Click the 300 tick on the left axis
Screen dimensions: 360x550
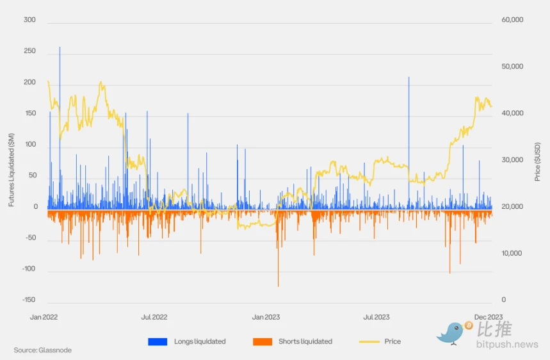pyautogui.click(x=29, y=20)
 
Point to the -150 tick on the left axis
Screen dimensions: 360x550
pyautogui.click(x=28, y=300)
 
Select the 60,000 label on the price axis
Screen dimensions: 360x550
pyautogui.click(x=512, y=20)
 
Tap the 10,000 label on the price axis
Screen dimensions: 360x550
pyautogui.click(x=512, y=253)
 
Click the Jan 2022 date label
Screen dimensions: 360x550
pyautogui.click(x=44, y=316)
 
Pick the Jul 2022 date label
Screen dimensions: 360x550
pyautogui.click(x=154, y=316)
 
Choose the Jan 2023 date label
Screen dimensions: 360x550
pyautogui.click(x=266, y=316)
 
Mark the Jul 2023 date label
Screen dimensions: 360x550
pyautogui.click(x=376, y=316)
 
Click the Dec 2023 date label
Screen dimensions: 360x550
pyautogui.click(x=488, y=316)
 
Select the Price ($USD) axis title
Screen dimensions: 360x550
pyautogui.click(x=538, y=160)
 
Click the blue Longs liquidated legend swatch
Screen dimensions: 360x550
pyautogui.click(x=158, y=341)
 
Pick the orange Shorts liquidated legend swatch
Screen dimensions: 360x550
pyautogui.click(x=263, y=341)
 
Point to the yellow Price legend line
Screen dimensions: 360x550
pyautogui.click(x=369, y=341)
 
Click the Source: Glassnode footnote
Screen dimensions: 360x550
pyautogui.click(x=43, y=350)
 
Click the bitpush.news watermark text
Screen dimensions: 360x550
pyautogui.click(x=508, y=345)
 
